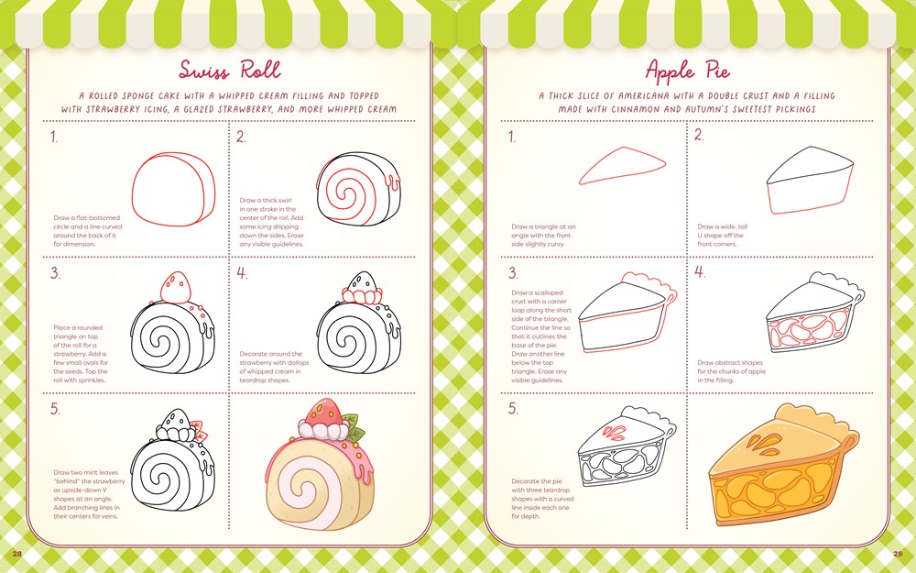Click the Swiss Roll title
[x=229, y=71]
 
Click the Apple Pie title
[x=687, y=71]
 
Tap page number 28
[x=16, y=554]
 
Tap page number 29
[x=899, y=554]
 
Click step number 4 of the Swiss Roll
[x=242, y=273]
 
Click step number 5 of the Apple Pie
[x=514, y=409]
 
